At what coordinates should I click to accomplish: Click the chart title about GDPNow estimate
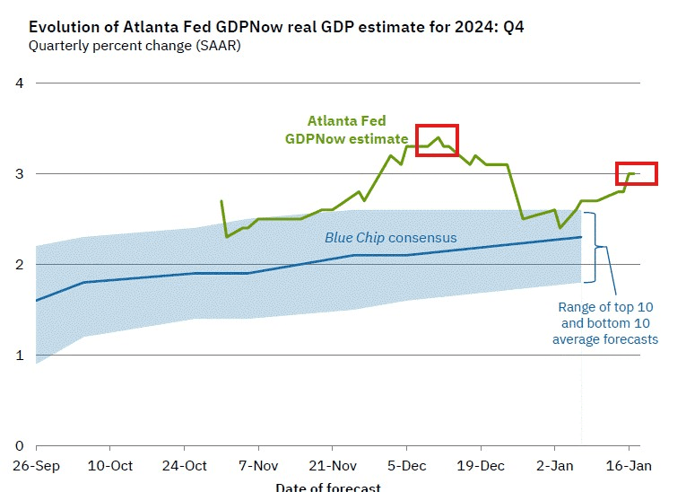pos(276,27)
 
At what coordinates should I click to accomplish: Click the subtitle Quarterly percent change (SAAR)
pos(134,45)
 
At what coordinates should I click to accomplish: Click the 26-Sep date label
pos(36,466)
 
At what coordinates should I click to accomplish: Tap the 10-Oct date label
pos(110,466)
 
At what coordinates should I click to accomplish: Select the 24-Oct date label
pos(185,466)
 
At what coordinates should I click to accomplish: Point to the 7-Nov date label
pos(258,466)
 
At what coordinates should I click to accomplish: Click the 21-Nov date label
pos(333,466)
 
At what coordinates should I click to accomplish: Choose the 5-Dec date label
pos(406,466)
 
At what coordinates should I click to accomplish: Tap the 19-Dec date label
pos(481,466)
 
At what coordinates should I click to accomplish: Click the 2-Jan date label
pos(554,466)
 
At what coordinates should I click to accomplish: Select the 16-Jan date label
pos(629,466)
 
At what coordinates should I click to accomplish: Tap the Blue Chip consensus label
pos(391,238)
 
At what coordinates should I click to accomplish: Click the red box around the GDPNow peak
pos(437,140)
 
